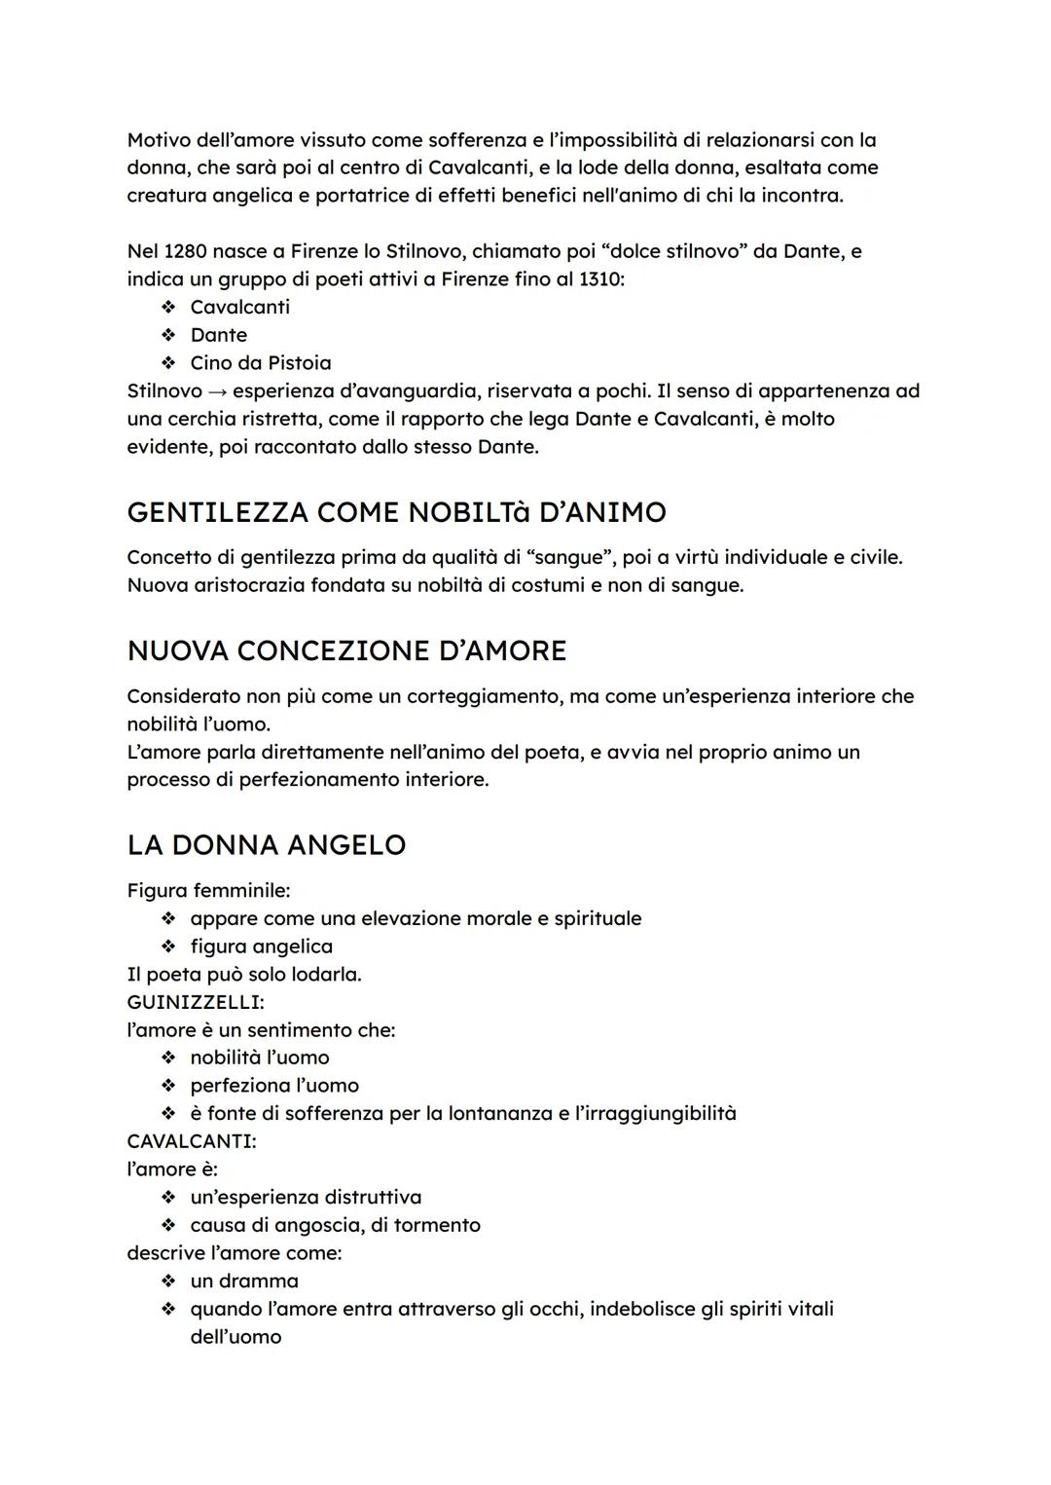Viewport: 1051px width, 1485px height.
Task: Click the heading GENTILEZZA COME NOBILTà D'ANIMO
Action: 396,512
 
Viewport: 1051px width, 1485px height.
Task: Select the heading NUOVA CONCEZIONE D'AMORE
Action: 346,650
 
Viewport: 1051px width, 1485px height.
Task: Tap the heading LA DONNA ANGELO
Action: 266,844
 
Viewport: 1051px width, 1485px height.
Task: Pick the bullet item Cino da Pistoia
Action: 260,363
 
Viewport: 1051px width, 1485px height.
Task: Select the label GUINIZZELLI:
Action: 195,1002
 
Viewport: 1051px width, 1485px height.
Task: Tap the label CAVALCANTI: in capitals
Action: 191,1141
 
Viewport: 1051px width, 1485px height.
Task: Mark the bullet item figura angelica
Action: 261,947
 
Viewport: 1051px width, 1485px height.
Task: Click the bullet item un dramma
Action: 244,1281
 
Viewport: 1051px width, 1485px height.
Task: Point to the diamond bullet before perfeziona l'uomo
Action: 168,1086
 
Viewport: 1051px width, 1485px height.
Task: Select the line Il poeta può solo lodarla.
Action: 243,975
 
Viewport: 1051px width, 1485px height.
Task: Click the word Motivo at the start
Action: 159,140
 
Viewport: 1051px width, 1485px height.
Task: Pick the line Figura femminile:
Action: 208,891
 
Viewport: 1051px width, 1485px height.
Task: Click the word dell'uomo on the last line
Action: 236,1337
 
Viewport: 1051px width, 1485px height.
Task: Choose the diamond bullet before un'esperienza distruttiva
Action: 168,1198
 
